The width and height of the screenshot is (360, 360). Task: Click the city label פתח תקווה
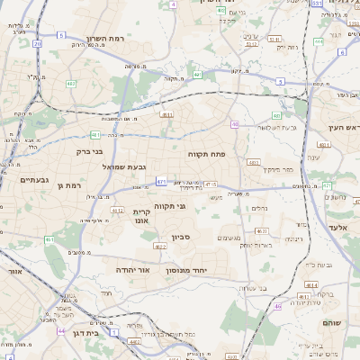tap(206, 154)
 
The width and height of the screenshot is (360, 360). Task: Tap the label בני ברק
tap(89, 152)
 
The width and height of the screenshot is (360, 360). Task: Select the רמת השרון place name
tap(104, 39)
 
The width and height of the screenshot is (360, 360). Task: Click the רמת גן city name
tap(67, 185)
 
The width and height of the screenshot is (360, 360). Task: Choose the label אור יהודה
tap(133, 269)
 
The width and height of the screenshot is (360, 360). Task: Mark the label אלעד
tap(337, 228)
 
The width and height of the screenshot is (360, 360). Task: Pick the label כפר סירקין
tap(278, 168)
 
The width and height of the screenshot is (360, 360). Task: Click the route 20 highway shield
tap(37, 42)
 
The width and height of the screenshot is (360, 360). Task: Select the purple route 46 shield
tap(277, 306)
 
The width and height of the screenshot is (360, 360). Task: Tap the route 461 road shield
tap(49, 239)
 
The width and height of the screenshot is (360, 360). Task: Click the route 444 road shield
tap(318, 41)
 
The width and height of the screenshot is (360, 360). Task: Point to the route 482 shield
tap(70, 84)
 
